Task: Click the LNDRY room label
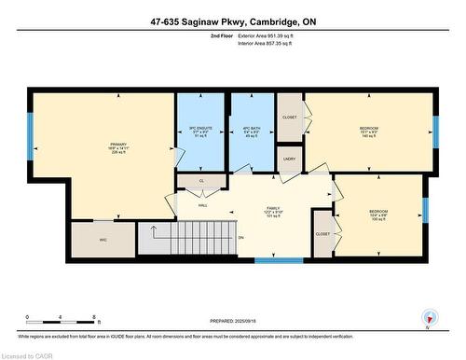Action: click(289, 159)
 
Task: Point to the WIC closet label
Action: click(104, 240)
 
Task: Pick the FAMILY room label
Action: click(272, 209)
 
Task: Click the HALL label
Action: click(203, 206)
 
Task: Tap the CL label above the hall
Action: click(201, 180)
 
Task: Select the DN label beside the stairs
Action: click(240, 238)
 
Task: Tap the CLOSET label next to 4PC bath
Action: click(289, 118)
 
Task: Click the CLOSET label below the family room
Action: click(322, 234)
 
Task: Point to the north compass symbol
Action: click(429, 318)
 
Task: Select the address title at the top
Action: click(232, 21)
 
